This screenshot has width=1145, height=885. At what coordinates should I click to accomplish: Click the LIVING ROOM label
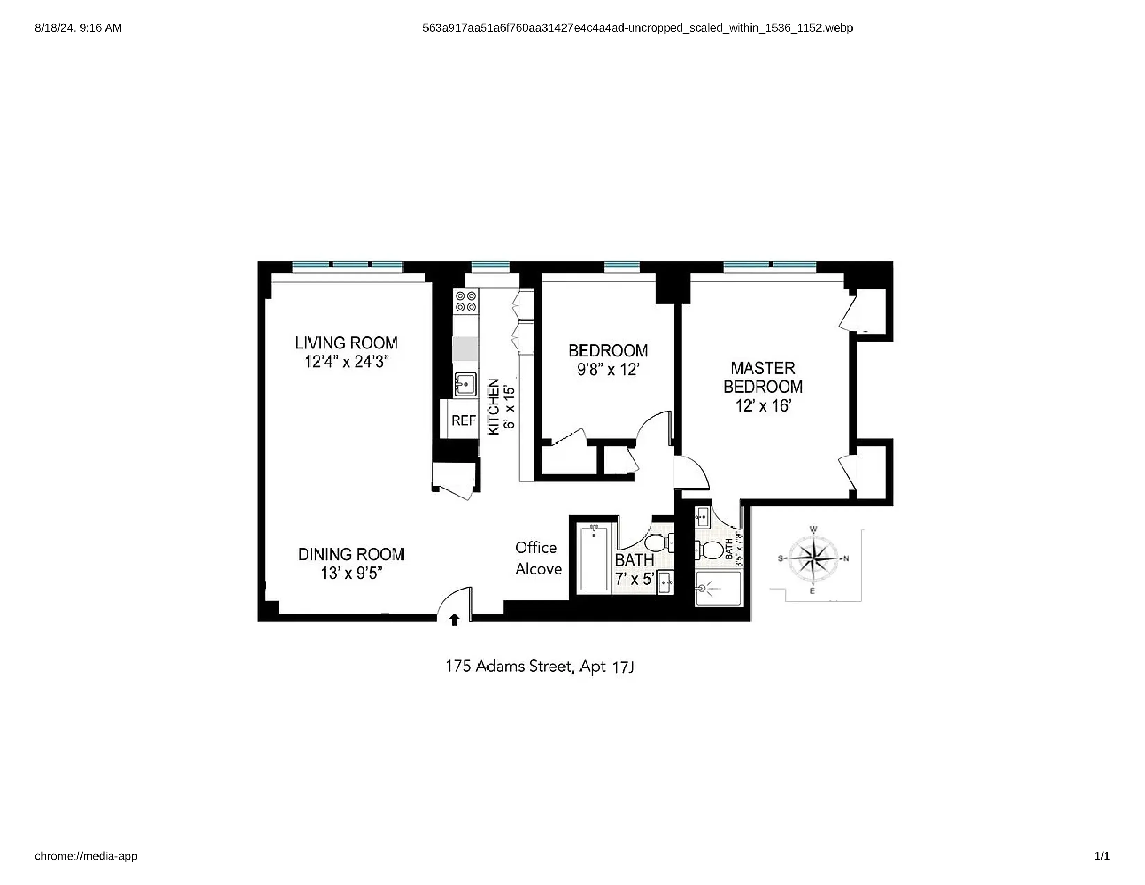tap(346, 343)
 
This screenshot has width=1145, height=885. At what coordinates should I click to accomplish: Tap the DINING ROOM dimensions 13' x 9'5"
tap(351, 573)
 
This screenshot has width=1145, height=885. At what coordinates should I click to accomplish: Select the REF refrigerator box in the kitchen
tap(464, 420)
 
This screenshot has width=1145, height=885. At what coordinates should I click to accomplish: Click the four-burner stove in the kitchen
tap(466, 302)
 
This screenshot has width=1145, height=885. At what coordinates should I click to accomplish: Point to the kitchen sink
tap(465, 384)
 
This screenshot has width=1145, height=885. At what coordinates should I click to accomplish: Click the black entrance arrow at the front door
tap(455, 620)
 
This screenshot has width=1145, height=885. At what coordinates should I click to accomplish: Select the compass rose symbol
tap(813, 558)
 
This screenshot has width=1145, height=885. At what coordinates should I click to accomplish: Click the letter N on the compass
tap(846, 559)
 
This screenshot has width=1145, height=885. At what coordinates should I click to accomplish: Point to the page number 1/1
tap(1102, 856)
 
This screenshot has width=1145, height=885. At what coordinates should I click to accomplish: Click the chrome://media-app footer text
tap(86, 856)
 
